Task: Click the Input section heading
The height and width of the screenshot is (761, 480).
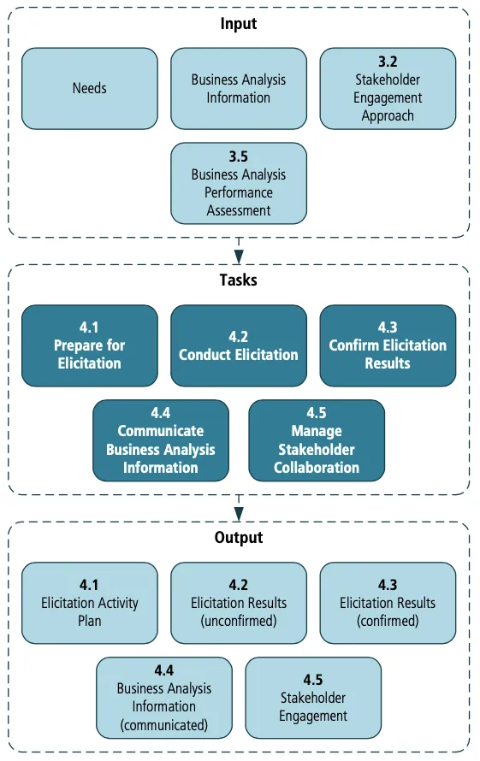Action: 239,24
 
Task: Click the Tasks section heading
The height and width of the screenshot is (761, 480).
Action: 239,280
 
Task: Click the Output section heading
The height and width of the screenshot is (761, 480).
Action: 239,538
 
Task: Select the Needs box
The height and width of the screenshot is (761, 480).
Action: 90,88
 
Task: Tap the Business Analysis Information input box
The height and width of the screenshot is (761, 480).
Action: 239,88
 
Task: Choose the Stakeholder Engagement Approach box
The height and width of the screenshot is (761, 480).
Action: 388,88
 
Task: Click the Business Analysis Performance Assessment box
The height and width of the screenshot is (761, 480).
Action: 239,183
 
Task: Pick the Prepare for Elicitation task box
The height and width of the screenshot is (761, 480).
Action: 90,345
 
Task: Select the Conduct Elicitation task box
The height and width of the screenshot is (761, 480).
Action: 239,345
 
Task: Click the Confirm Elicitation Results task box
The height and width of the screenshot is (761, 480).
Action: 388,345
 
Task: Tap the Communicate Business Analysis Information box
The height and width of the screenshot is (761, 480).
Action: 161,440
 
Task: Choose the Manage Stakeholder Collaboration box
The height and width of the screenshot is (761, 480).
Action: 317,440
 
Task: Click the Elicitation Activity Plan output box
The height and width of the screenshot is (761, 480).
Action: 90,603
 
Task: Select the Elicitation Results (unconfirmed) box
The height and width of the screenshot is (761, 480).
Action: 239,603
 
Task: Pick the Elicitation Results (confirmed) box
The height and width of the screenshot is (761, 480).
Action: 388,603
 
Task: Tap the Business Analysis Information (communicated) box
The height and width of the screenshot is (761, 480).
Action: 164,697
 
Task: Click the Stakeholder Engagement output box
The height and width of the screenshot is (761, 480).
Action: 313,697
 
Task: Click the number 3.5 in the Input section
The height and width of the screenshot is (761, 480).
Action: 239,157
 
